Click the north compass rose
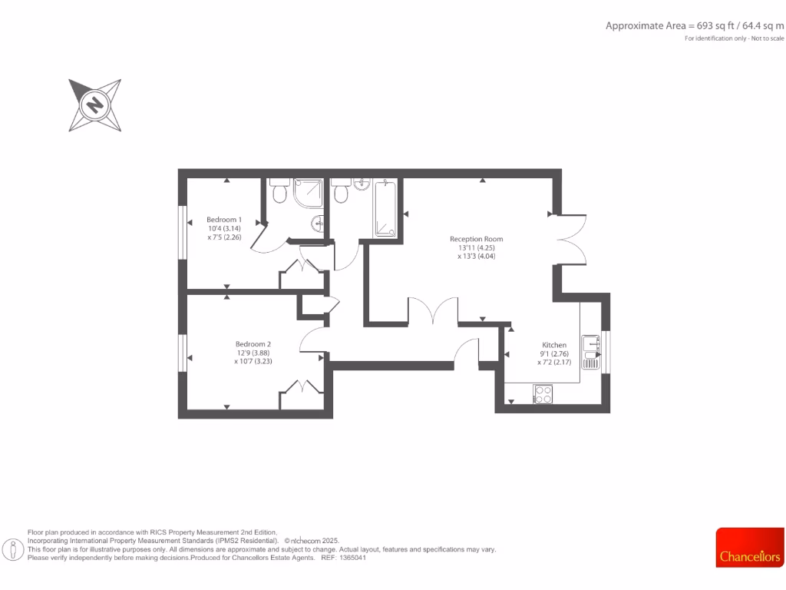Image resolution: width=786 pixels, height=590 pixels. pyautogui.click(x=95, y=104)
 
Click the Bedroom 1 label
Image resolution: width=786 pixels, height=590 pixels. pyautogui.click(x=224, y=220)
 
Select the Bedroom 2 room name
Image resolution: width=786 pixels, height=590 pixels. pyautogui.click(x=253, y=344)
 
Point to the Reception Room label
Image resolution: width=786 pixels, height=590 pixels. pyautogui.click(x=476, y=239)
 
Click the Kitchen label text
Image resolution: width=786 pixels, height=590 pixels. pyautogui.click(x=554, y=345)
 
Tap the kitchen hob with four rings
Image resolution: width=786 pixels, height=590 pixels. pyautogui.click(x=543, y=394)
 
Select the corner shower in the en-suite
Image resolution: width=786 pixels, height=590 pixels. pyautogui.click(x=309, y=193)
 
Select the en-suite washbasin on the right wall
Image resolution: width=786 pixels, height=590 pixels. pyautogui.click(x=318, y=224)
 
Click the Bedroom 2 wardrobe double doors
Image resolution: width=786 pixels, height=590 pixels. pyautogui.click(x=302, y=389)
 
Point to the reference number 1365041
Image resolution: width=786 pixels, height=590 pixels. pyautogui.click(x=352, y=558)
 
